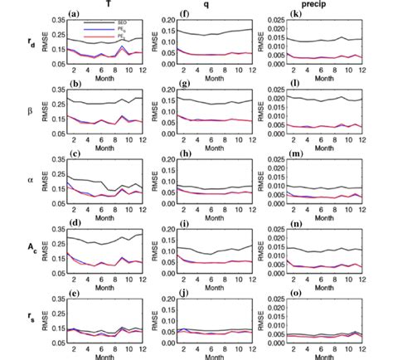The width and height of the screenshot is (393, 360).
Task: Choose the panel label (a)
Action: (74, 13)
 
